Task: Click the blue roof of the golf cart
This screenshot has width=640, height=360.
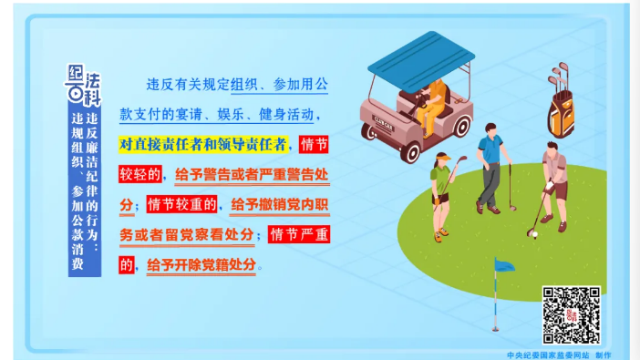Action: [420, 57]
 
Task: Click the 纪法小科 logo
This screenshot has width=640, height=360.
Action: [84, 84]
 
